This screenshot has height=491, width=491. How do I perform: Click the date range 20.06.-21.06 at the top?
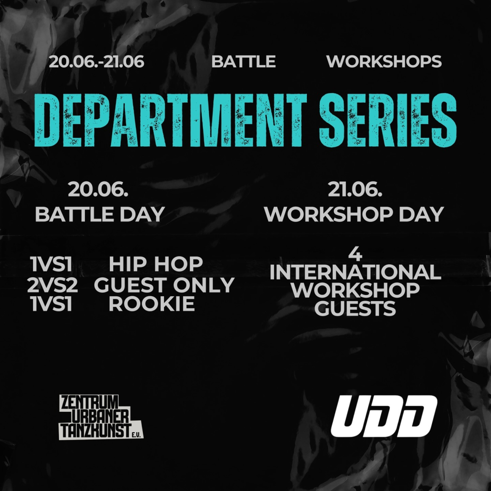tap(96, 61)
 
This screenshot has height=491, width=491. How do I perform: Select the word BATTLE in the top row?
tap(243, 61)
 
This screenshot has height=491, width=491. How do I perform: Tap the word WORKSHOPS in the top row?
tap(384, 61)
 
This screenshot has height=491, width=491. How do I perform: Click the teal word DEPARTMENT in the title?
tap(171, 120)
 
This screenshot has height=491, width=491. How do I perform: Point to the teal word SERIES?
tap(387, 120)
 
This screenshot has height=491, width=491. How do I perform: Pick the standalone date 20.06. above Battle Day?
tap(98, 190)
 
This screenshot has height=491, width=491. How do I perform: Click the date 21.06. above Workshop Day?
tap(355, 190)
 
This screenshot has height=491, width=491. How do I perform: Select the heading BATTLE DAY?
tap(100, 214)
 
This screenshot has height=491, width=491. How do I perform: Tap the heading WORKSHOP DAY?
tap(354, 214)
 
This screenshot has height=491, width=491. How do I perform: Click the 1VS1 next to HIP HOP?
tap(52, 264)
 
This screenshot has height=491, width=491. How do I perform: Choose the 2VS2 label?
tap(52, 285)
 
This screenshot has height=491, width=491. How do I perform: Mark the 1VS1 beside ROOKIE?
tap(52, 304)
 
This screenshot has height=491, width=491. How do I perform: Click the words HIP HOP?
tap(156, 264)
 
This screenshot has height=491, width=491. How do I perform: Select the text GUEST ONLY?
tap(164, 285)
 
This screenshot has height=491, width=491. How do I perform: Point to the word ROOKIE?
tap(152, 304)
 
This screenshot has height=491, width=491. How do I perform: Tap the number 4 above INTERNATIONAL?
tap(355, 255)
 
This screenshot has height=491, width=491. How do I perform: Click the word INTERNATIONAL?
tap(355, 272)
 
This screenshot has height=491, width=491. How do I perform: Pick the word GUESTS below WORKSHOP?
tap(355, 308)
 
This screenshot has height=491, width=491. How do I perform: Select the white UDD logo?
tap(384, 416)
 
